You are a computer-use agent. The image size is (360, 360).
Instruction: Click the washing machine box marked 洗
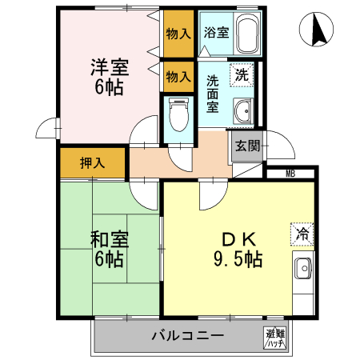(241, 75)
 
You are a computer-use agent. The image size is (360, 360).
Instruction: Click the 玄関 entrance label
(246, 146)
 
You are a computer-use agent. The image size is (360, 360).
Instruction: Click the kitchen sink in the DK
(302, 269)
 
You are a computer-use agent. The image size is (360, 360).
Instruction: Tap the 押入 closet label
(92, 163)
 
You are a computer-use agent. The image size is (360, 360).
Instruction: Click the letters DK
(236, 238)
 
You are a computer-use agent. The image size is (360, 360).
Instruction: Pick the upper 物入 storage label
(178, 34)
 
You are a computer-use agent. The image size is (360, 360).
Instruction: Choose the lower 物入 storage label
(178, 77)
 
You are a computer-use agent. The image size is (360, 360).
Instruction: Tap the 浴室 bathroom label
(215, 34)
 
